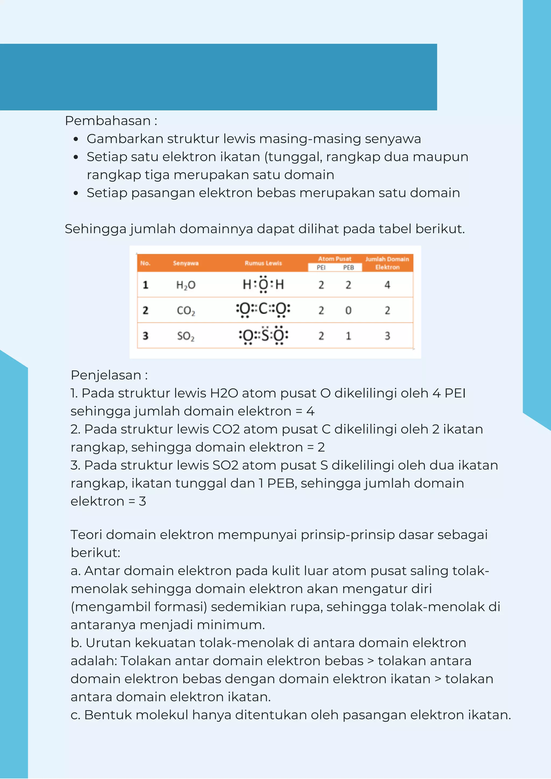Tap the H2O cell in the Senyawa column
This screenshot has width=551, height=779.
point(186,285)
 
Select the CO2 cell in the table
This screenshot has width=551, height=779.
point(186,310)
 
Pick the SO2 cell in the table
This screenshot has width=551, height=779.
point(186,336)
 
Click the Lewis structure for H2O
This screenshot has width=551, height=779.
point(263,284)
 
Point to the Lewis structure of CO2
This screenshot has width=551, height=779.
point(263,310)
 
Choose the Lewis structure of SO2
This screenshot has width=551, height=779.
point(263,336)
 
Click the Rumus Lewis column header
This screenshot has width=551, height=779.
point(263,263)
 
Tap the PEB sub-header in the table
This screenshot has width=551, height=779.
point(348,268)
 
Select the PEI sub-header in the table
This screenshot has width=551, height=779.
point(321,268)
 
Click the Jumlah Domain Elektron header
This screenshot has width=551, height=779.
point(387,263)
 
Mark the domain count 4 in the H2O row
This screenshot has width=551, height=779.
point(387,285)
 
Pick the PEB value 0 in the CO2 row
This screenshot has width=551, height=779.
point(348,310)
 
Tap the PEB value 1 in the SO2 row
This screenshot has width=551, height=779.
point(348,336)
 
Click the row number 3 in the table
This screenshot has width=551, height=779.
point(145,336)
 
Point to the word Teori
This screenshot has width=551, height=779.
point(86,535)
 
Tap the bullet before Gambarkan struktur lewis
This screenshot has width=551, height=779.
point(76,139)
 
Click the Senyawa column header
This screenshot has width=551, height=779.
point(186,263)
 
